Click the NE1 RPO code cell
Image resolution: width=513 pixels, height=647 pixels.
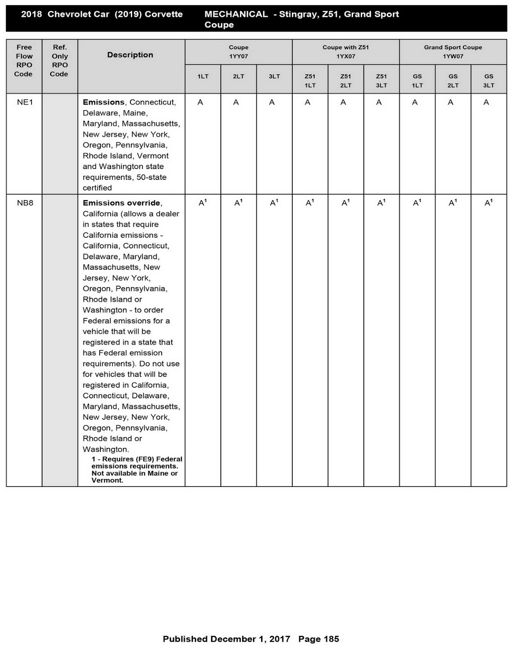[x=25, y=102]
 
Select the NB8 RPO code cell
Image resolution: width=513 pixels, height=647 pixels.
[x=25, y=203]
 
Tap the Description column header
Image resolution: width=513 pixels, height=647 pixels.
[x=130, y=55]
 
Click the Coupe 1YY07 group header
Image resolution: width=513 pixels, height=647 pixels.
[x=238, y=52]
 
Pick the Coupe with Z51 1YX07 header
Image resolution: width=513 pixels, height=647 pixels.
[x=345, y=52]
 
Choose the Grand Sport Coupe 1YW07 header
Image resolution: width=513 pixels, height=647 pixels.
[x=453, y=52]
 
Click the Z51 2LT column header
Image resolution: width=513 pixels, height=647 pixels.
[x=345, y=80]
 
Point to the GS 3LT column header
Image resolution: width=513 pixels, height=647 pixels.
[x=488, y=80]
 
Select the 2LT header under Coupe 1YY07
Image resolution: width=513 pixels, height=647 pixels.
[x=238, y=76]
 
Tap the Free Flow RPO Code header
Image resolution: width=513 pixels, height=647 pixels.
[x=24, y=61]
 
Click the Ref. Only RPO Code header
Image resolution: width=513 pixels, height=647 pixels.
[x=60, y=61]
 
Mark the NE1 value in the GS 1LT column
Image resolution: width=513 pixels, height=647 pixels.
[x=415, y=103]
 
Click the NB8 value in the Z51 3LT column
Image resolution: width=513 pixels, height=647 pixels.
[x=381, y=203]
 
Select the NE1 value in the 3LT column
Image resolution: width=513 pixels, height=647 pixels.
[x=272, y=103]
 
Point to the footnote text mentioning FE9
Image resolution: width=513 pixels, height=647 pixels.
[x=136, y=469]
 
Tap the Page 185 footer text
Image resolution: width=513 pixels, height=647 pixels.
[x=319, y=639]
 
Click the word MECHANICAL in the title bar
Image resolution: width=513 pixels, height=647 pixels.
[x=236, y=15]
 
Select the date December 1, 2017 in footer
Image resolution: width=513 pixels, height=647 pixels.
[x=250, y=639]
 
